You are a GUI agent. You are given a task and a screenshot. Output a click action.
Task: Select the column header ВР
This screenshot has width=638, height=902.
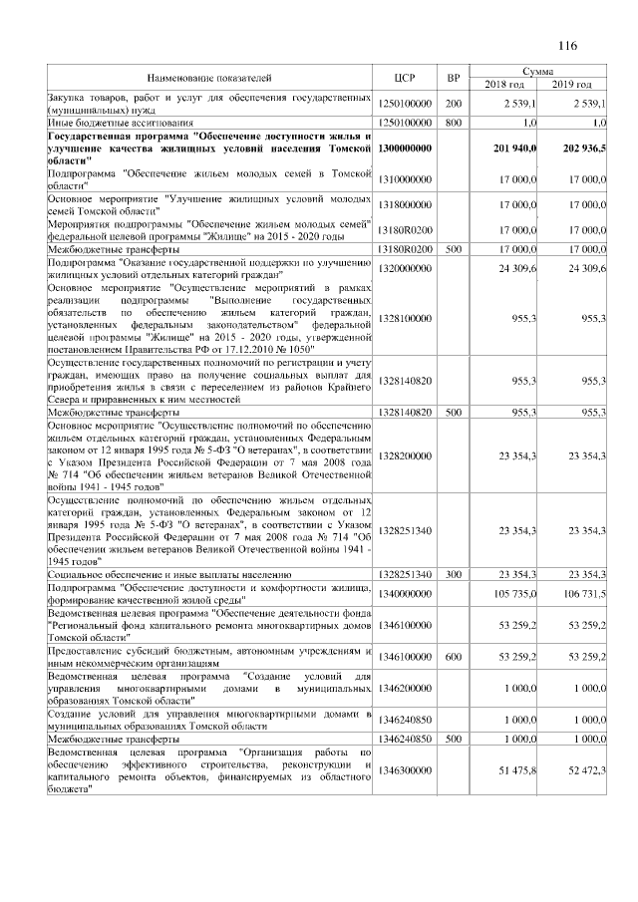pos(453,77)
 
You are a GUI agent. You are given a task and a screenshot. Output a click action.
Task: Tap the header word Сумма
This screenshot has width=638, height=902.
pos(538,71)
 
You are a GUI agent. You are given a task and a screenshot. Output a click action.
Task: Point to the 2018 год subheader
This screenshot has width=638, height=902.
pos(503,84)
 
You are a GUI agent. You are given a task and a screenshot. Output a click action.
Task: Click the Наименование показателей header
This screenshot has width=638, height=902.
pos(209,77)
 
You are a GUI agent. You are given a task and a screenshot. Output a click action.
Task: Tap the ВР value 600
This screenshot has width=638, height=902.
pos(453,657)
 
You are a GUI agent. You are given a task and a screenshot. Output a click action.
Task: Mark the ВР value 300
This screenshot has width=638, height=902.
pos(453,575)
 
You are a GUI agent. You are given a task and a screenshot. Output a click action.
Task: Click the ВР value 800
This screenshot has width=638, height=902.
pos(453,122)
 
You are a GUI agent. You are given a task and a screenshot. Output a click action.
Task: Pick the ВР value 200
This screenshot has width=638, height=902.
pos(453,104)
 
